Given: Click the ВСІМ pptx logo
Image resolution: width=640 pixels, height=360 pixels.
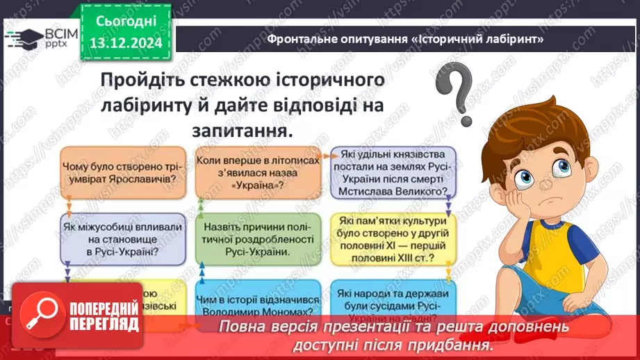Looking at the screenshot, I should (x=38, y=37).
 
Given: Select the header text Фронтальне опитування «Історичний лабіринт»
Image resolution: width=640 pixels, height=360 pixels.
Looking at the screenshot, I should (x=404, y=39).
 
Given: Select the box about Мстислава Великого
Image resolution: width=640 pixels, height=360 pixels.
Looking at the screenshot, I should (x=392, y=172).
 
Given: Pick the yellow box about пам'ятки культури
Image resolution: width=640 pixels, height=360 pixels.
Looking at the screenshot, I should (x=392, y=239).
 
